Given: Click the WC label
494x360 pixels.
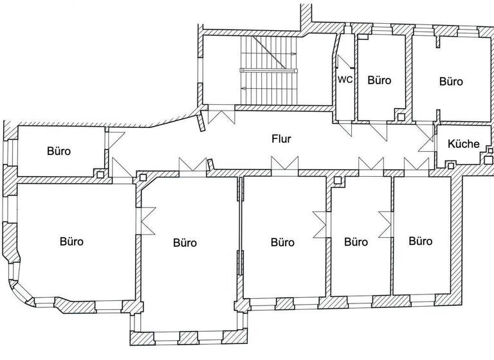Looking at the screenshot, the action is [x=345, y=80].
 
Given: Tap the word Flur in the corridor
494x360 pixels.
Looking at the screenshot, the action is [x=281, y=139].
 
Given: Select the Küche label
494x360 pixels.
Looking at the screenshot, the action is [x=463, y=143].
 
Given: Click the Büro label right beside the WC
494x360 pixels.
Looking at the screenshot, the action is [x=380, y=80].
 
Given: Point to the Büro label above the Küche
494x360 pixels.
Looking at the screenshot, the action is [x=451, y=81].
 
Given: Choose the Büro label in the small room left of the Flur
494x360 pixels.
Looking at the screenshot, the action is [x=59, y=151].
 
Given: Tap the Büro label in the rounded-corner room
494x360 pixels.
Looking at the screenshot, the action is [x=72, y=241].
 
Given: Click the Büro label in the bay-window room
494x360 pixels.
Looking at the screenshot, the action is [x=185, y=242].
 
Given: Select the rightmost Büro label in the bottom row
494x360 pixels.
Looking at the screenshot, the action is [x=421, y=241].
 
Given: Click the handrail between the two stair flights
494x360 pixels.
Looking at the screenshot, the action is [x=268, y=70].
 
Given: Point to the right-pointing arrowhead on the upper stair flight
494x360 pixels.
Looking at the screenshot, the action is [x=293, y=54].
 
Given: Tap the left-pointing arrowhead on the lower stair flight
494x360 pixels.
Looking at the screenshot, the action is [x=244, y=89].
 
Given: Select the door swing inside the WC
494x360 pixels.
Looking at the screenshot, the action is [x=345, y=62].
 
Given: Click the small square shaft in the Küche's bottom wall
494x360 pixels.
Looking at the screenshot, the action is [x=451, y=166].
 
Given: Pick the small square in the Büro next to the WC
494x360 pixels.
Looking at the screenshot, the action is [x=401, y=117].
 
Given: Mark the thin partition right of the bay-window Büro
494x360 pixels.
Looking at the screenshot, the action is [x=241, y=225].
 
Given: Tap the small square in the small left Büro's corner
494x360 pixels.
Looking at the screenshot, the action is [x=100, y=174].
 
